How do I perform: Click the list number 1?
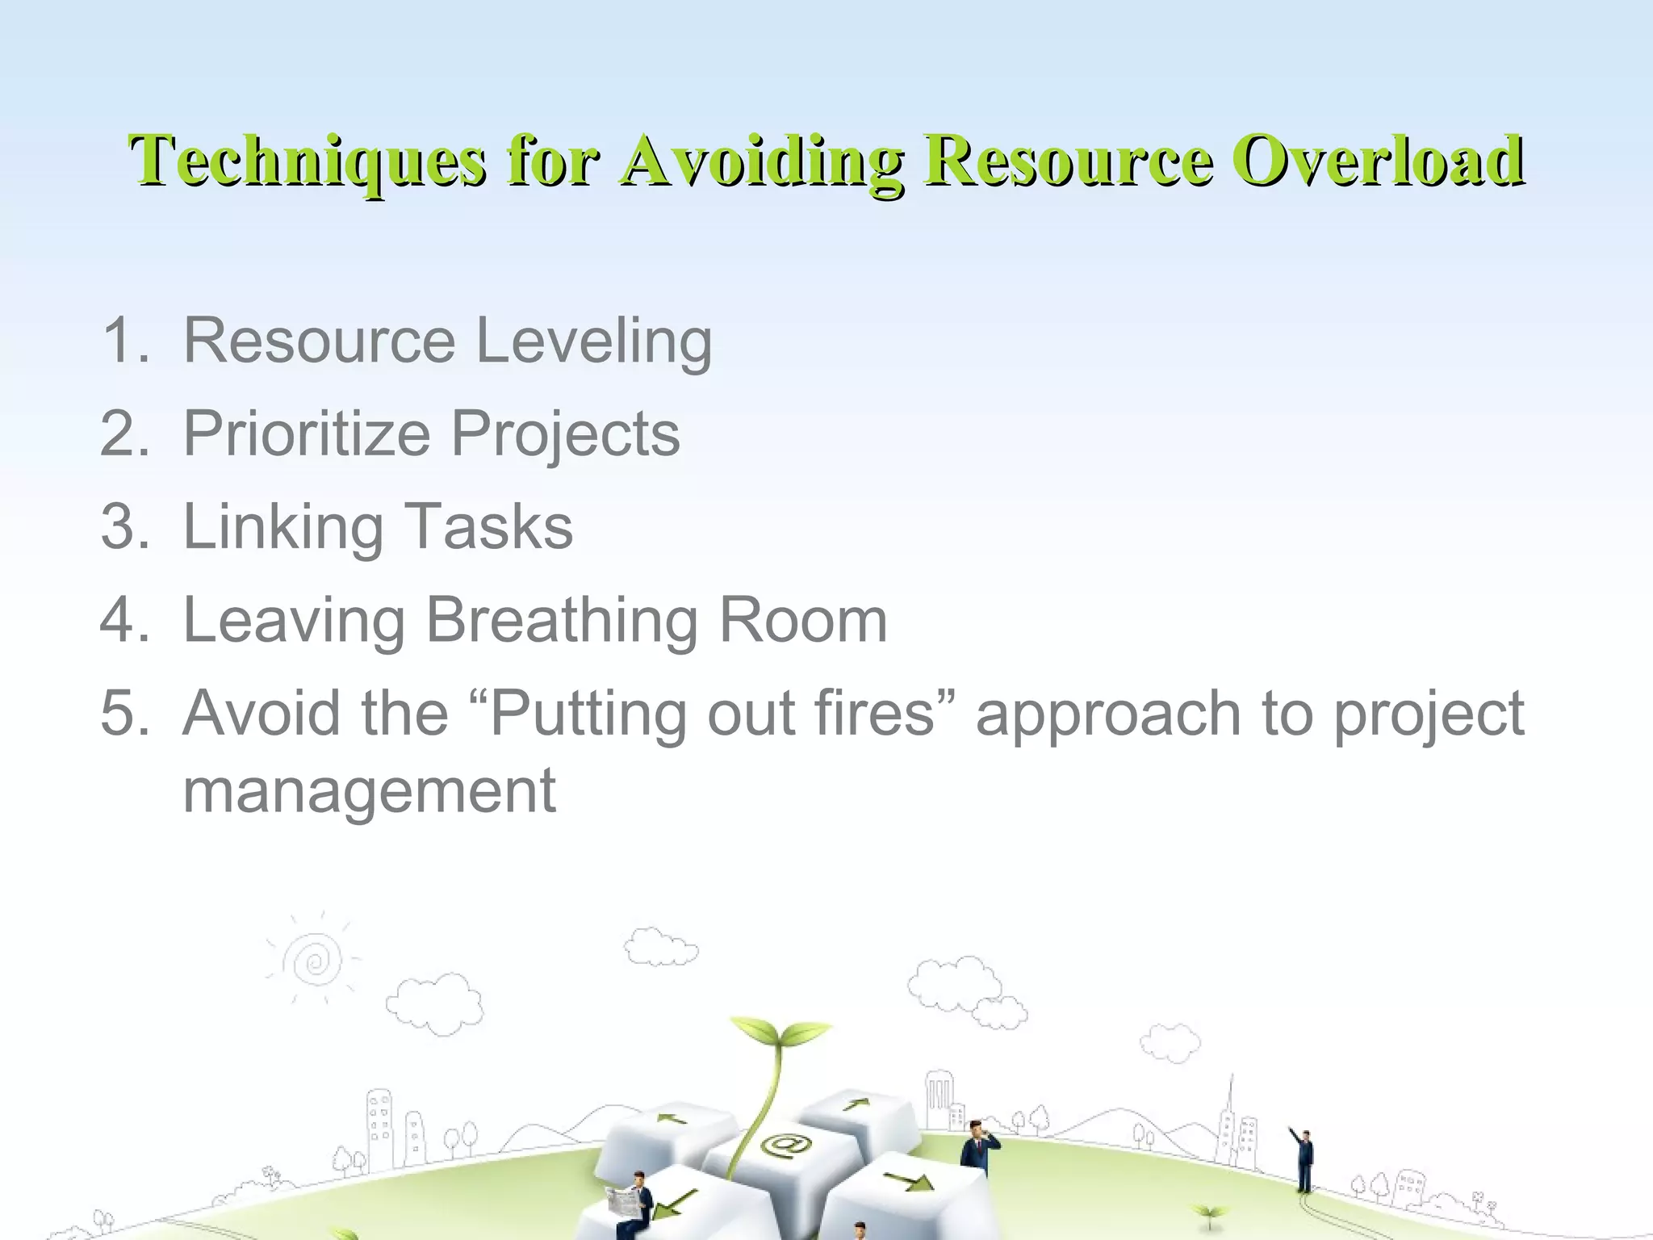point(121,341)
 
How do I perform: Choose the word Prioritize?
point(307,434)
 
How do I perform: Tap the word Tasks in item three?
point(488,527)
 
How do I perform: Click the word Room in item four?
point(802,621)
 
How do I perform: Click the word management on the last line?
point(369,791)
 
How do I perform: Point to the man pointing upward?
point(1303,1158)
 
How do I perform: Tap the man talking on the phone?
point(978,1146)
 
